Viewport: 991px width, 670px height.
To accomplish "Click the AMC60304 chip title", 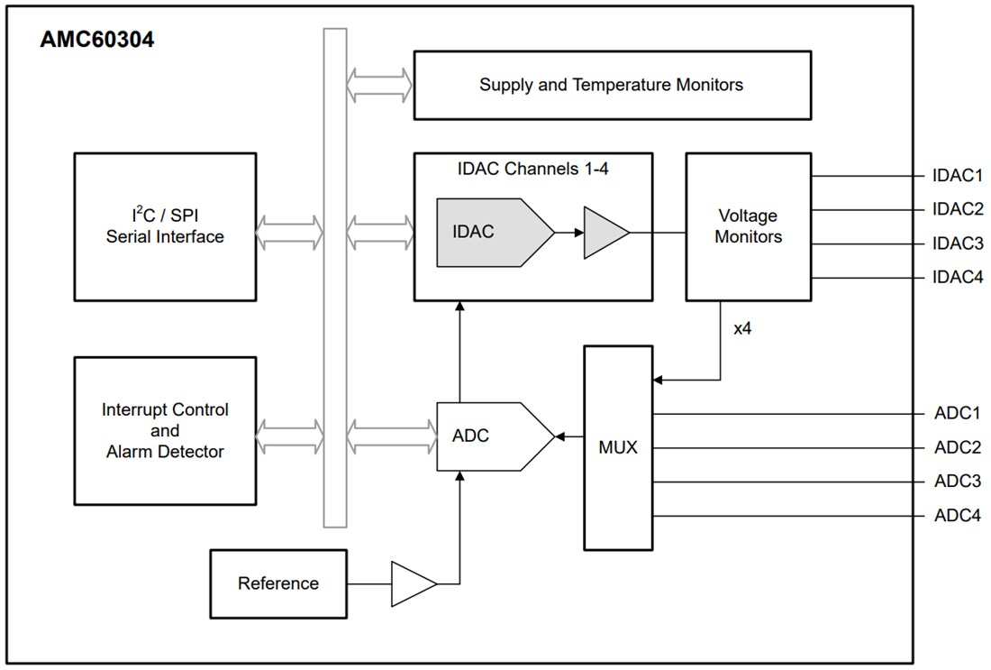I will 96,40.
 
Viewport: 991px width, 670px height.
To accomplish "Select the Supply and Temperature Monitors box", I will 611,85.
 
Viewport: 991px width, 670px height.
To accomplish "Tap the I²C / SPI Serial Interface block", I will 165,226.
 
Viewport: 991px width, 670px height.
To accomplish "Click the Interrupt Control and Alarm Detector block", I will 165,430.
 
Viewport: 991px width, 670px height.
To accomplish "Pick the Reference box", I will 277,583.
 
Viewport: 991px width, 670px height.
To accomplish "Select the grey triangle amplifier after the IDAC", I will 604,232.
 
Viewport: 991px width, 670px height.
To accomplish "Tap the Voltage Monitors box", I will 748,226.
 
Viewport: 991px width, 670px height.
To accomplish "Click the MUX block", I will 618,447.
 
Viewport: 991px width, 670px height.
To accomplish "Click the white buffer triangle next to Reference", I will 411,583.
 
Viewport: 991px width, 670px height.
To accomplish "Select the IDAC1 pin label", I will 958,177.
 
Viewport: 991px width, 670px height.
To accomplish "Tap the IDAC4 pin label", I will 958,278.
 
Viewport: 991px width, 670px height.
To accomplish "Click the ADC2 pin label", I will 957,447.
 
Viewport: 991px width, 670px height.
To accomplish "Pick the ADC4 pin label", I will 957,516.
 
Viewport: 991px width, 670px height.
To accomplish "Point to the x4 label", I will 742,328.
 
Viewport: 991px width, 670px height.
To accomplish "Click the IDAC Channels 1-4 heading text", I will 533,168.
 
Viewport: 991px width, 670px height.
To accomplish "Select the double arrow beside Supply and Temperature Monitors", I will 379,85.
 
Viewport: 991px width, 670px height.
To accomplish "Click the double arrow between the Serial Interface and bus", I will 288,232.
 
